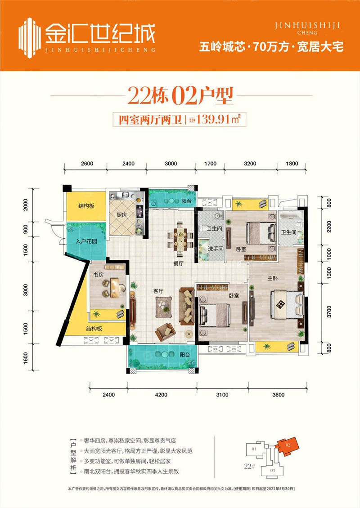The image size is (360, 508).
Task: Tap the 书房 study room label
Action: [x=99, y=274]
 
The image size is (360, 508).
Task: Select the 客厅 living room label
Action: [x=158, y=291]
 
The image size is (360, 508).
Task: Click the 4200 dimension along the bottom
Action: [x=161, y=395]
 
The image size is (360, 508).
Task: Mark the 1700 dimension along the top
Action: [x=211, y=164]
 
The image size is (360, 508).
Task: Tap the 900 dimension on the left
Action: [x=25, y=230]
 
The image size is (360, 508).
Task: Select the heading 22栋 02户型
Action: [x=180, y=96]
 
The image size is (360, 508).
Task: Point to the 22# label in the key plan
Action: [x=251, y=466]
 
